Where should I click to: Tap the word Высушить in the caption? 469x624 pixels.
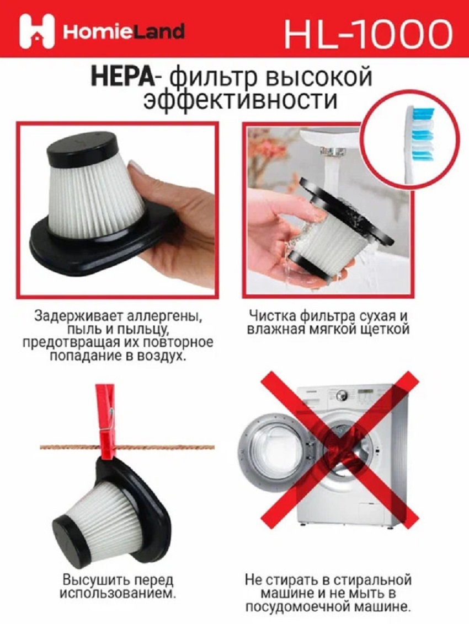pyautogui.click(x=90, y=580)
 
